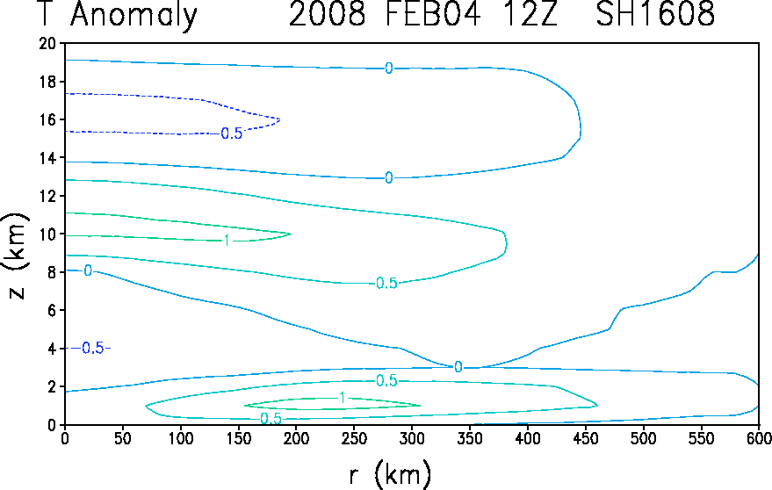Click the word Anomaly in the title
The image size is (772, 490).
(x=133, y=15)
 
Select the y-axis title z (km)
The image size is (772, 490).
(x=16, y=256)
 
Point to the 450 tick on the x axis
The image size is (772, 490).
(x=586, y=438)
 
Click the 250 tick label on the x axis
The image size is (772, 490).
(x=354, y=438)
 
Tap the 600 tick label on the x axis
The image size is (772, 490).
(x=759, y=438)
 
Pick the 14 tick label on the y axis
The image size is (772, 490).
(x=48, y=157)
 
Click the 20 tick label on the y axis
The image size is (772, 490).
(x=48, y=43)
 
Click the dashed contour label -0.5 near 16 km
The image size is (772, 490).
(x=231, y=133)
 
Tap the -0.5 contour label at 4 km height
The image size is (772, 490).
(x=91, y=348)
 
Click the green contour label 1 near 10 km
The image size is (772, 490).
(x=227, y=241)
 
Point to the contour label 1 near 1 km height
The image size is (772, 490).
(x=343, y=398)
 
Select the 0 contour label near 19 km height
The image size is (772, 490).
(x=389, y=68)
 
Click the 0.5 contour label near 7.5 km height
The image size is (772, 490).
(x=386, y=283)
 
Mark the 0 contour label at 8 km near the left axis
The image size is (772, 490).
(x=88, y=270)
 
